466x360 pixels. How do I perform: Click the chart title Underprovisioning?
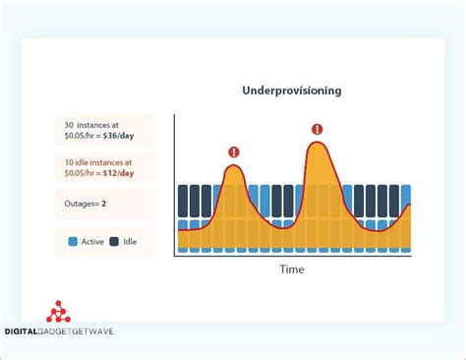pyautogui.click(x=291, y=90)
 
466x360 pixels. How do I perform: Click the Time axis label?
pyautogui.click(x=292, y=270)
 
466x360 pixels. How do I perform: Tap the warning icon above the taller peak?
pyautogui.click(x=317, y=129)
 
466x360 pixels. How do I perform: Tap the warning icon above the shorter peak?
pyautogui.click(x=233, y=151)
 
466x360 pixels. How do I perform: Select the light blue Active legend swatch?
pyautogui.click(x=73, y=241)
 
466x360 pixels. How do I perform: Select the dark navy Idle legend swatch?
pyautogui.click(x=114, y=241)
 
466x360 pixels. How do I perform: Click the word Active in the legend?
pyautogui.click(x=91, y=241)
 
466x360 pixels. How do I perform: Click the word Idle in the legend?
pyautogui.click(x=130, y=241)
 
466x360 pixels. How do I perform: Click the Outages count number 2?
pyautogui.click(x=102, y=204)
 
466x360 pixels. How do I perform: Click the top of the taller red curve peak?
pyautogui.click(x=317, y=144)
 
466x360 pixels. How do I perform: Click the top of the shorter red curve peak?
pyautogui.click(x=233, y=166)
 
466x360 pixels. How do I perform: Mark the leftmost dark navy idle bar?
pyautogui.click(x=182, y=201)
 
